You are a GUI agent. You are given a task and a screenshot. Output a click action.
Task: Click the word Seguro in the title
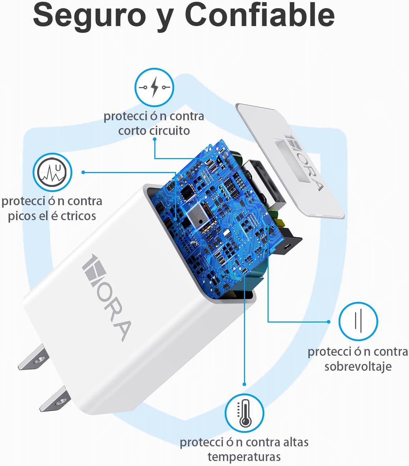click(89, 15)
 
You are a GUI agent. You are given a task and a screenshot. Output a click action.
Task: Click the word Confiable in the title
click(259, 15)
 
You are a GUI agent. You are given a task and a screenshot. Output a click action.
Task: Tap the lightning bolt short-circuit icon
click(154, 87)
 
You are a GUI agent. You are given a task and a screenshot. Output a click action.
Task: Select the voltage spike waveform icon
click(53, 172)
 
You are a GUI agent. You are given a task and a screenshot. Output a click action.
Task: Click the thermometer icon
click(244, 413)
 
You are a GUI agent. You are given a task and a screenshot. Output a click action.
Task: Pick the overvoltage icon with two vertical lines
click(358, 321)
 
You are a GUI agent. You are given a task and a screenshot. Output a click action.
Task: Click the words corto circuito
click(154, 131)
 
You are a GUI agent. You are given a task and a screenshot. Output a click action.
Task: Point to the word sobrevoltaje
click(358, 366)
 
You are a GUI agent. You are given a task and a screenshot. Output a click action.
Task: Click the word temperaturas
click(244, 457)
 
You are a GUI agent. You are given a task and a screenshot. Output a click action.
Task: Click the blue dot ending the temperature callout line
click(244, 384)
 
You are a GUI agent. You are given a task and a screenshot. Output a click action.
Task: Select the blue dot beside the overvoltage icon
click(329, 321)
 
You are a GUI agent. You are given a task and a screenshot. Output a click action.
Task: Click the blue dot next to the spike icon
click(83, 172)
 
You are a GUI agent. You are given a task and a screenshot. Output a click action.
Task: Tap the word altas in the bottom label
click(295, 442)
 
